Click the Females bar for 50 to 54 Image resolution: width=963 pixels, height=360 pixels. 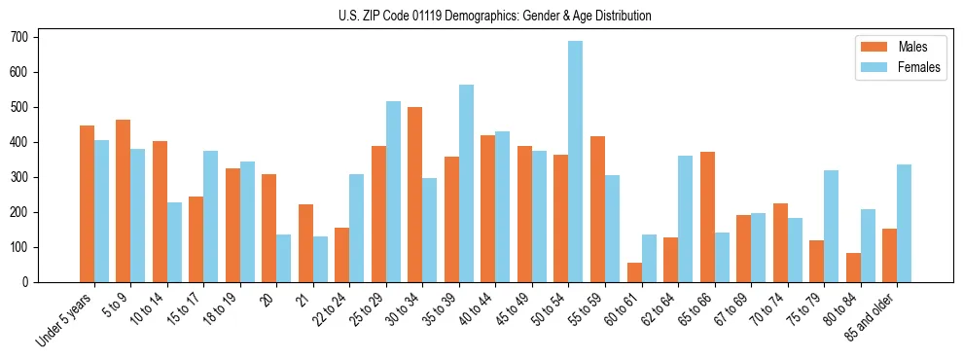click(576, 162)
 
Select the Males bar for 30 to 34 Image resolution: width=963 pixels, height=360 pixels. click(415, 195)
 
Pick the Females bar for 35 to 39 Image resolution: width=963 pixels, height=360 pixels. click(466, 184)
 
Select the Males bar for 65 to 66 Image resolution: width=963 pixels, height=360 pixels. click(707, 217)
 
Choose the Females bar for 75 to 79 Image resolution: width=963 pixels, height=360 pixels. click(831, 227)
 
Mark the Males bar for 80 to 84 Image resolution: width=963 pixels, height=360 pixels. click(853, 268)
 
